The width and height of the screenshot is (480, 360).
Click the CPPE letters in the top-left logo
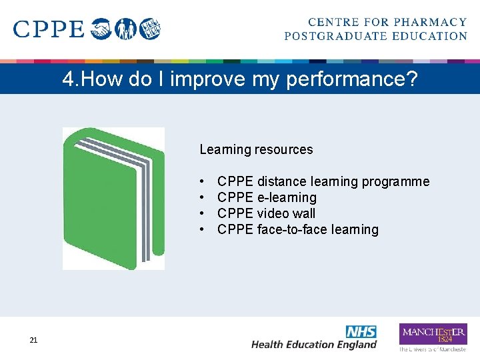[x=49, y=29]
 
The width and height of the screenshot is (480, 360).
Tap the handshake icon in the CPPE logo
[x=101, y=29]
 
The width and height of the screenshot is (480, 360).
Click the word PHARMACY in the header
[x=431, y=23]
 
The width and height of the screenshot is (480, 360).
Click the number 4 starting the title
[x=68, y=80]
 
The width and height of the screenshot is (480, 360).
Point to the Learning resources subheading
[x=256, y=149]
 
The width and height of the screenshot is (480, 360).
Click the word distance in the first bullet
[x=281, y=181]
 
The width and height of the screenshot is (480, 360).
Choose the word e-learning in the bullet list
[x=287, y=197]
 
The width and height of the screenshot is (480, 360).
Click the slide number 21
[x=33, y=341]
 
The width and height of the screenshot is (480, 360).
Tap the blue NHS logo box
[x=361, y=331]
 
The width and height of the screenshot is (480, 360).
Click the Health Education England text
[x=313, y=345]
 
